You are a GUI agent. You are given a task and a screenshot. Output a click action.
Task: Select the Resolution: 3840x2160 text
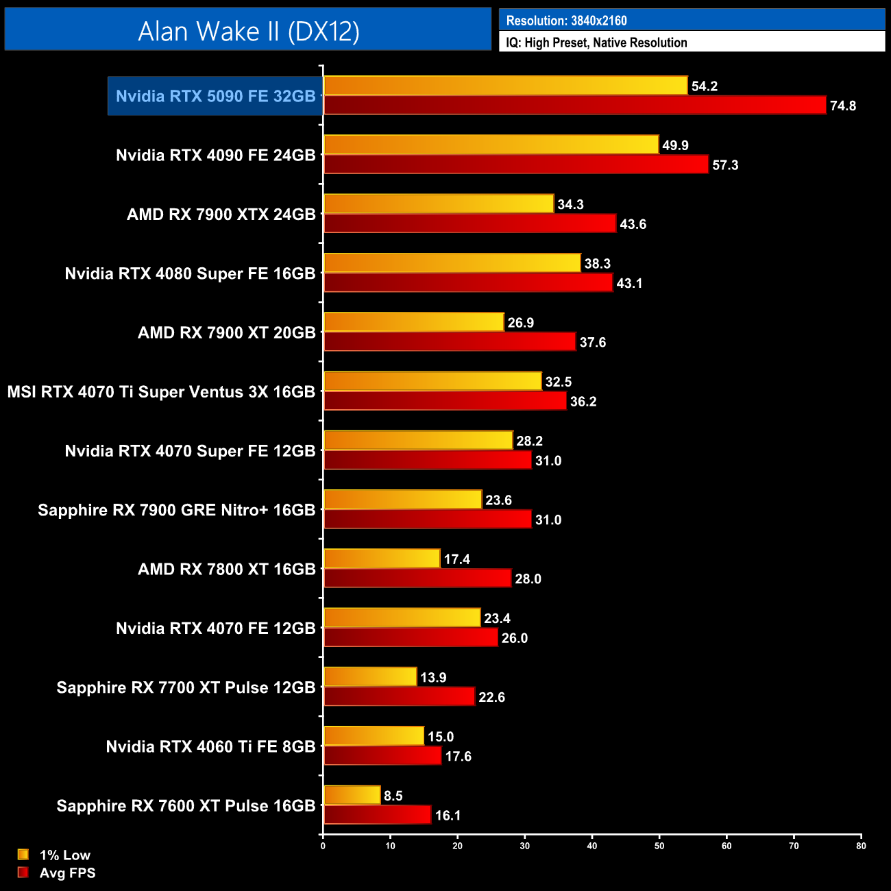566,21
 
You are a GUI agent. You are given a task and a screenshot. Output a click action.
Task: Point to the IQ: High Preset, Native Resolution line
596,42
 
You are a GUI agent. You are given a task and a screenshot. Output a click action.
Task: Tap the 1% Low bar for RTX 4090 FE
491,145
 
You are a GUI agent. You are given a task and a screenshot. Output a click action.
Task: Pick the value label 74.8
842,106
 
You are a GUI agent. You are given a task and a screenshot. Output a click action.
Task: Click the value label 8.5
393,796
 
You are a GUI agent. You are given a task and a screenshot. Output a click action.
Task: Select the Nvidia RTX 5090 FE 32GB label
215,96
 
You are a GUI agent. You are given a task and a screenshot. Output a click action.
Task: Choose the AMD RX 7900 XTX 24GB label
221,215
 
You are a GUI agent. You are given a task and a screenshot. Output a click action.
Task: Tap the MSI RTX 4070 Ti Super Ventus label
161,392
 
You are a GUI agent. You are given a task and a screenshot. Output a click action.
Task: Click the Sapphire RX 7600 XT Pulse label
186,806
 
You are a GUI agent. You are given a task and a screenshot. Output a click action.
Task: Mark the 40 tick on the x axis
592,846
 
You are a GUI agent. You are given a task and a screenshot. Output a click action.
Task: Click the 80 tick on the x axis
861,846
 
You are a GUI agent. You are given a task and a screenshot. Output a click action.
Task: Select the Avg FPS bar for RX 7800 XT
417,578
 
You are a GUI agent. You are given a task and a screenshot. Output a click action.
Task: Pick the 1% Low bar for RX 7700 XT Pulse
370,677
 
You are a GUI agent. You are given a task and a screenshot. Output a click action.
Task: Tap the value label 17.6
458,757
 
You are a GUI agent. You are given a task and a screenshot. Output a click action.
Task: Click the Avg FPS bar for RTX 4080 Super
468,283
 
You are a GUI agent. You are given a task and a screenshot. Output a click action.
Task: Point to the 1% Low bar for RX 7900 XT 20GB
413,322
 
